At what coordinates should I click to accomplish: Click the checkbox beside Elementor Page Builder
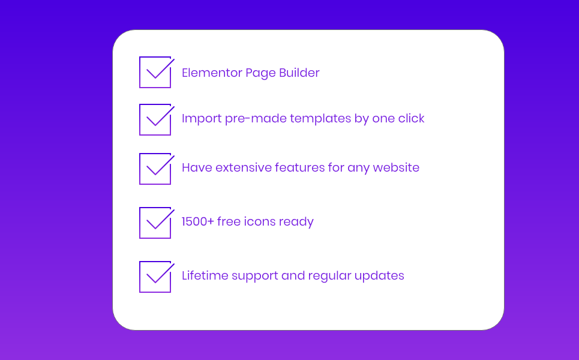click(140, 73)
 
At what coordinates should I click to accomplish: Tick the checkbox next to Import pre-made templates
click(140, 119)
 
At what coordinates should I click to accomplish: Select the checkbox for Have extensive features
click(140, 169)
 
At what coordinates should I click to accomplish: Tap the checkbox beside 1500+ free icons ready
click(140, 223)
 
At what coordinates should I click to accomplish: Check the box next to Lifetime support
click(140, 277)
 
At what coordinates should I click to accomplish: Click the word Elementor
click(212, 73)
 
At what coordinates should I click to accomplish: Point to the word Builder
click(299, 73)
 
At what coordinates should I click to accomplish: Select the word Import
click(202, 119)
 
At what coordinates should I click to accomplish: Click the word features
click(299, 167)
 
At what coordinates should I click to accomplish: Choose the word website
click(396, 167)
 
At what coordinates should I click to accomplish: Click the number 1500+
click(198, 221)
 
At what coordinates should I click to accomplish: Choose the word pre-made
click(256, 119)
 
